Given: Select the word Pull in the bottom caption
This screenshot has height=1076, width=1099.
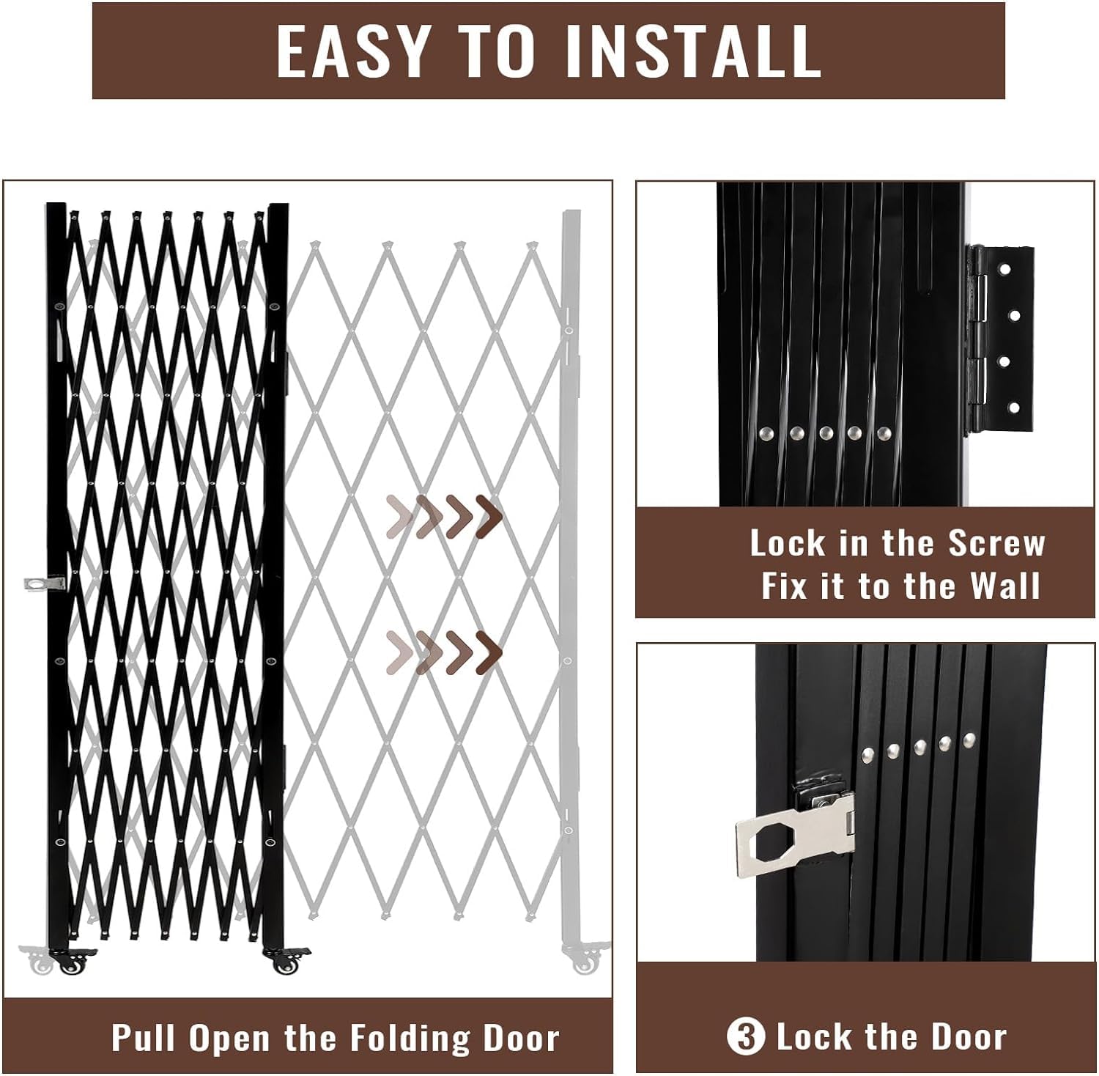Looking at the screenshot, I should point(144,1038).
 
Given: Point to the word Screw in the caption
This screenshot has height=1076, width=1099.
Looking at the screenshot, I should point(996,543).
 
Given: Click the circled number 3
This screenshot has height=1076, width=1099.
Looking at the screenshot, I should point(745,1037).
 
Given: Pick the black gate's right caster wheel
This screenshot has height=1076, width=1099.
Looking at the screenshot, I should point(284,962).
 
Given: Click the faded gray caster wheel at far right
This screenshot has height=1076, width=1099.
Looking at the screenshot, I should point(584,962).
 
